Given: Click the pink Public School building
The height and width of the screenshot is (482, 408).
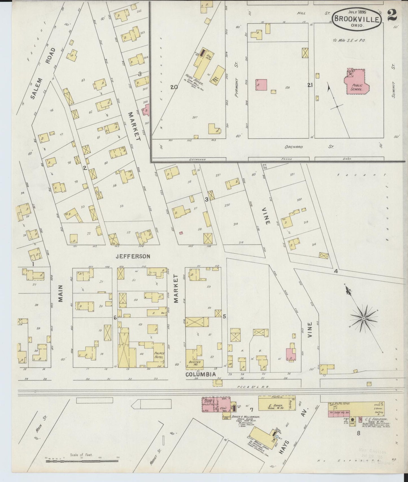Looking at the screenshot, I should pos(357,83).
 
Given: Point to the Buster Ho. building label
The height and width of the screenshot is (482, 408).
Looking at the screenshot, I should pos(195,363).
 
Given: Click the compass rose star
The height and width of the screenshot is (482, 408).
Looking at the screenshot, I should pos(363,319).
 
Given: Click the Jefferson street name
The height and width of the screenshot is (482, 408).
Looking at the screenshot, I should pos(133,257).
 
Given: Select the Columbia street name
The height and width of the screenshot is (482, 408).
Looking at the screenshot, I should pos(200,374).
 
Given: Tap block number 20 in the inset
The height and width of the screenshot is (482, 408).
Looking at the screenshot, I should pos(174,87).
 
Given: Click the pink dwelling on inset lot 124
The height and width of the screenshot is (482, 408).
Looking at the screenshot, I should pos(261,85).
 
